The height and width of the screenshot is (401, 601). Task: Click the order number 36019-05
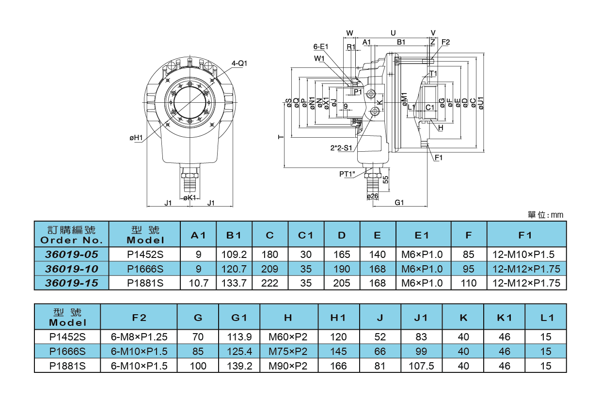(72, 255)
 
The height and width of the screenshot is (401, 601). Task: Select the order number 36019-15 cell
(72, 283)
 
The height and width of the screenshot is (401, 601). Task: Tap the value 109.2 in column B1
(234, 255)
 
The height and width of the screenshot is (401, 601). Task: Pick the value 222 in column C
(270, 283)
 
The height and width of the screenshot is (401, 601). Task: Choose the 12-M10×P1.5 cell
(526, 255)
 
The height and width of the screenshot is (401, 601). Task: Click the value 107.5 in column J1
(422, 366)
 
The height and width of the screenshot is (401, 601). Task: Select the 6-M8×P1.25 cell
(139, 337)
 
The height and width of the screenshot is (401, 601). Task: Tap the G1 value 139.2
(239, 366)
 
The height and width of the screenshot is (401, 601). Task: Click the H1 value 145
(338, 352)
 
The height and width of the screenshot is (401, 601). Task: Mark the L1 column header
(546, 318)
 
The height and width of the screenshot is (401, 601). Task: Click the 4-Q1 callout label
(239, 64)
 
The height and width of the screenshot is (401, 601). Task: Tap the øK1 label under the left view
(189, 198)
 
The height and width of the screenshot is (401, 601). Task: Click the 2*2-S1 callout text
(341, 147)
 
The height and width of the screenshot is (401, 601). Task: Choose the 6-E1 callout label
(321, 47)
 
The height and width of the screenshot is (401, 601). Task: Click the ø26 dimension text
(373, 196)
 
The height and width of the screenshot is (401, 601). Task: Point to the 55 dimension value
(386, 180)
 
